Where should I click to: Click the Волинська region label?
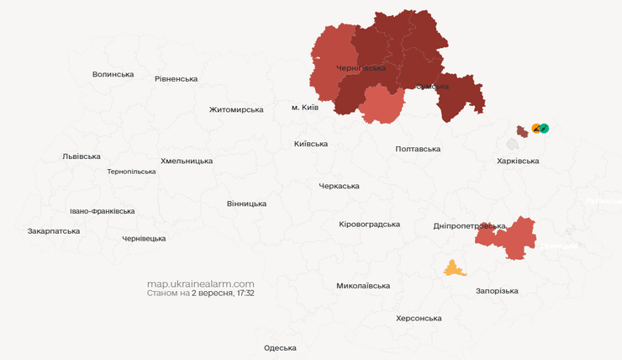click(113, 74)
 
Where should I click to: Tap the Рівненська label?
click(176, 79)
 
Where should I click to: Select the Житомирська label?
click(236, 109)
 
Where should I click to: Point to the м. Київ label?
click(305, 108)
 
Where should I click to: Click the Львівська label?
click(82, 156)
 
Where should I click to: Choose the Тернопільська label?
click(131, 172)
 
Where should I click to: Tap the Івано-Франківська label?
click(102, 211)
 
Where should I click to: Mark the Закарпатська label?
click(54, 230)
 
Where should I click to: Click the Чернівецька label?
click(144, 239)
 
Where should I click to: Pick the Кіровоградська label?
click(369, 225)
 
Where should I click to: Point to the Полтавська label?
click(418, 149)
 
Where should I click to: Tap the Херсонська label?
click(419, 319)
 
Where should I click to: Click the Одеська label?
click(280, 348)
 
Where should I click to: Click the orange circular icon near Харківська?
click(536, 129)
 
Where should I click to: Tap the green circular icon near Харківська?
click(545, 129)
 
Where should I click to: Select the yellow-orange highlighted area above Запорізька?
click(455, 269)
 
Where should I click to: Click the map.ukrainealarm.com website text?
click(200, 283)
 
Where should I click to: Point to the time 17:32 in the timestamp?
click(245, 294)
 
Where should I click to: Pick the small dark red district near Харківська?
click(522, 130)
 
